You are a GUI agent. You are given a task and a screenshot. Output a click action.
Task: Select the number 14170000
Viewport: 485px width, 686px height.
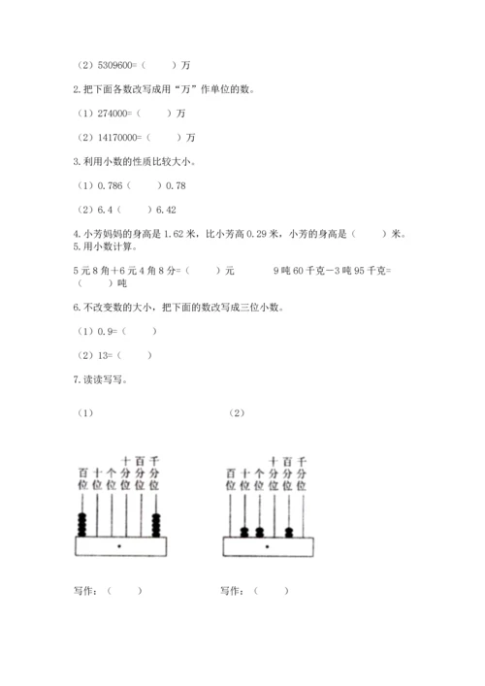click(x=117, y=137)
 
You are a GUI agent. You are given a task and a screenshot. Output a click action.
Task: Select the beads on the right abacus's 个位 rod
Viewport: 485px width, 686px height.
click(x=260, y=531)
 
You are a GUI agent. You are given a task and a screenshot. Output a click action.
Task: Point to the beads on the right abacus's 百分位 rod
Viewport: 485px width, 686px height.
click(x=289, y=531)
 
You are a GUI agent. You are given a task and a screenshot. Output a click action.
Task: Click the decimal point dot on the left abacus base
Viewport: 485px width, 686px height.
click(x=119, y=547)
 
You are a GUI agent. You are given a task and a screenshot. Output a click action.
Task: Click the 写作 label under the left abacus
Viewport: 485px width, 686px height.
click(x=85, y=590)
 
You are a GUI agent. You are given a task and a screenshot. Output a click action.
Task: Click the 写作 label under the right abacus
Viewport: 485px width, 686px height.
click(x=232, y=590)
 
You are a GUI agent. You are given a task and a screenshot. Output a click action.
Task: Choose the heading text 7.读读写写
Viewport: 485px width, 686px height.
click(x=99, y=379)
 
